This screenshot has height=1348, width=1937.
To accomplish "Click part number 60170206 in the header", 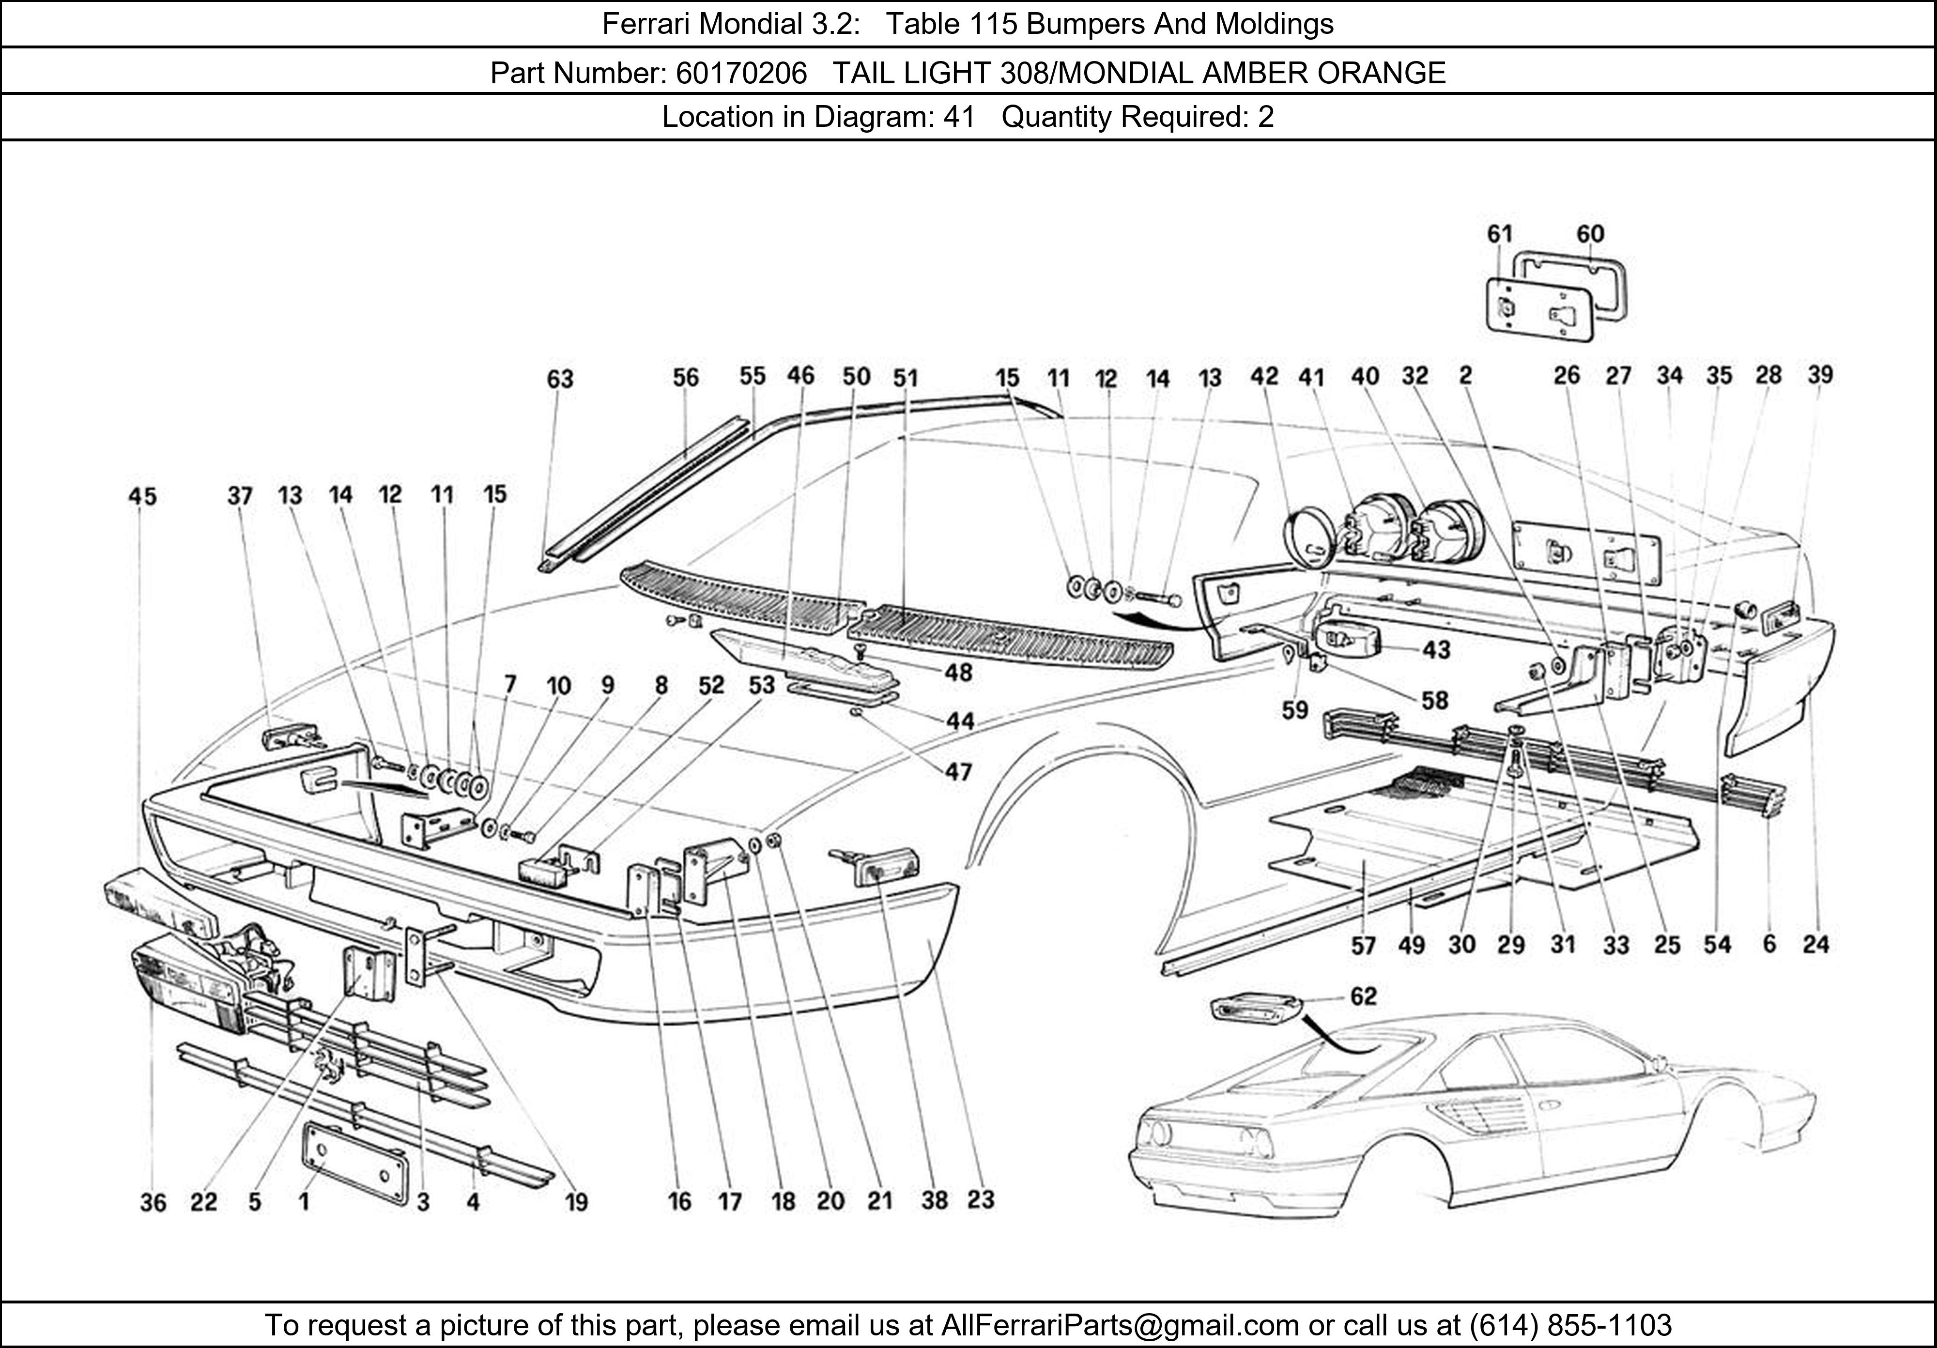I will pyautogui.click(x=741, y=74).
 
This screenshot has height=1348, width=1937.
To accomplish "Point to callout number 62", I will pyautogui.click(x=1363, y=996).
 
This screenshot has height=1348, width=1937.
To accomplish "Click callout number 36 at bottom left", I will pyautogui.click(x=153, y=1202).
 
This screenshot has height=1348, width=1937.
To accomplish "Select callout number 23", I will pyautogui.click(x=980, y=1199).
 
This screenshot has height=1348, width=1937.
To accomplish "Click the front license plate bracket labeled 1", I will pyautogui.click(x=354, y=1163).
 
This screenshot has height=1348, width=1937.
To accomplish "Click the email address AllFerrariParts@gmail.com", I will pyautogui.click(x=1120, y=1325).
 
